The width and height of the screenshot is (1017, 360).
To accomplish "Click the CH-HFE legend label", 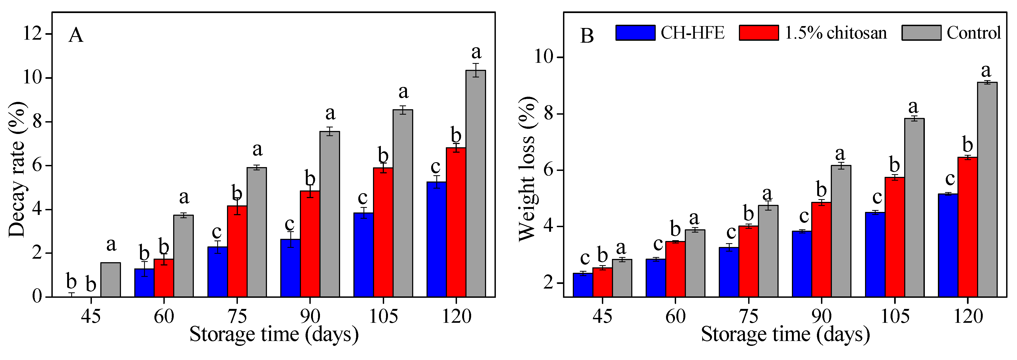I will coord(692,33).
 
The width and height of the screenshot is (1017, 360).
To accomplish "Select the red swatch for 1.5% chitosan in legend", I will coord(759,33).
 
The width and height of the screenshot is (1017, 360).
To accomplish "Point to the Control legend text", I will coord(973,33).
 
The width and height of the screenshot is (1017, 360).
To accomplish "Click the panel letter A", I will coord(76,36).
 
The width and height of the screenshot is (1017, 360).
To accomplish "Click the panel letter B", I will coord(587,36).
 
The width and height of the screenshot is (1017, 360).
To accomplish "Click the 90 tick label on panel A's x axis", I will coord(310,316).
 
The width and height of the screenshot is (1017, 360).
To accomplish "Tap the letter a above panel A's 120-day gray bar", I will coord(476,52).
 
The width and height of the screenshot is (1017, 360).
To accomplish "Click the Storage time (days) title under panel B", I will coord(785,335).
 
